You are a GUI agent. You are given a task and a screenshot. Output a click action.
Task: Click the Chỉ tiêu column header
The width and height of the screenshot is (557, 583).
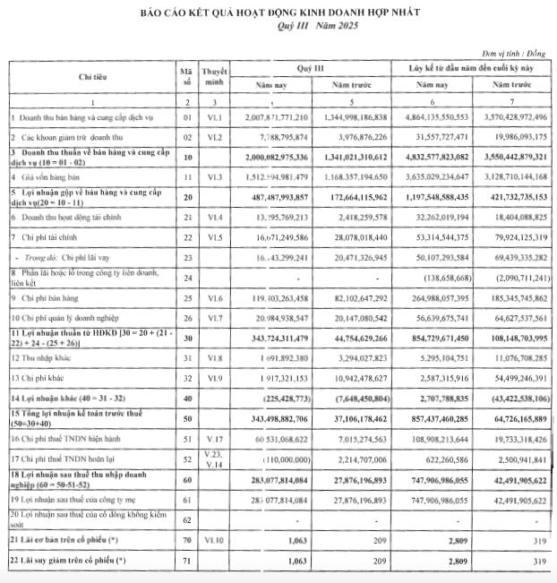point(92,78)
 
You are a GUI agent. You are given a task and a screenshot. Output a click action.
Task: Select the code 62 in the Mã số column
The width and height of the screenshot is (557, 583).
point(186,519)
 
